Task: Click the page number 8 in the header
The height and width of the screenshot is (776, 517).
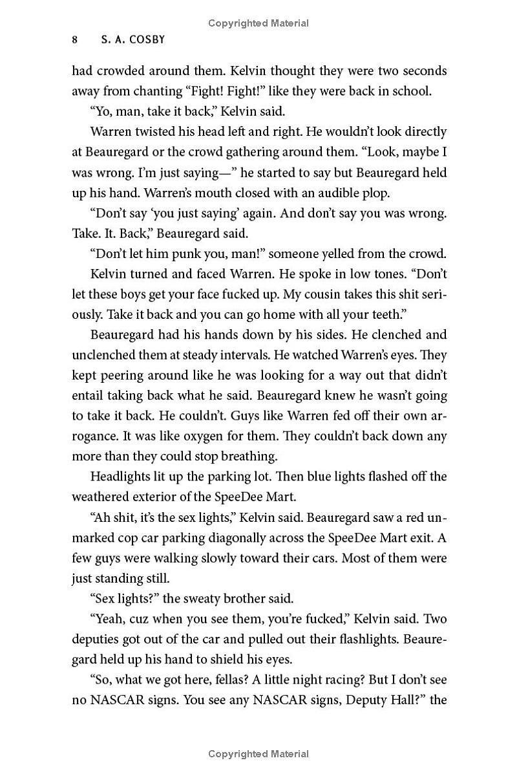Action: pyautogui.click(x=75, y=39)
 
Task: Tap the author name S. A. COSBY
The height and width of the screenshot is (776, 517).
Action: pyautogui.click(x=133, y=39)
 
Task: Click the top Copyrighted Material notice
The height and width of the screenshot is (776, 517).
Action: pyautogui.click(x=258, y=23)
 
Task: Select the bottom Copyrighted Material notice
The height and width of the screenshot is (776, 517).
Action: pyautogui.click(x=258, y=753)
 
